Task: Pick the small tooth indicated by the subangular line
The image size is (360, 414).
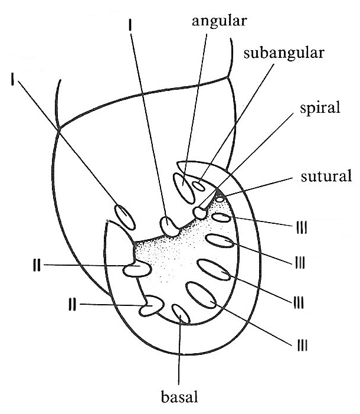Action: [198, 185]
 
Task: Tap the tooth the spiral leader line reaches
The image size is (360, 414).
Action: [199, 211]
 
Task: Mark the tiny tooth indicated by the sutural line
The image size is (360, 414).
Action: [220, 199]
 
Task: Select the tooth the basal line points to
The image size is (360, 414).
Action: [181, 314]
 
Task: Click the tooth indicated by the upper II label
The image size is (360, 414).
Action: [136, 269]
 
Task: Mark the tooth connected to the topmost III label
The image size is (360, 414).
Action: [221, 219]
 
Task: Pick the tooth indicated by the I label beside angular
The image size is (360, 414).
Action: [169, 226]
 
